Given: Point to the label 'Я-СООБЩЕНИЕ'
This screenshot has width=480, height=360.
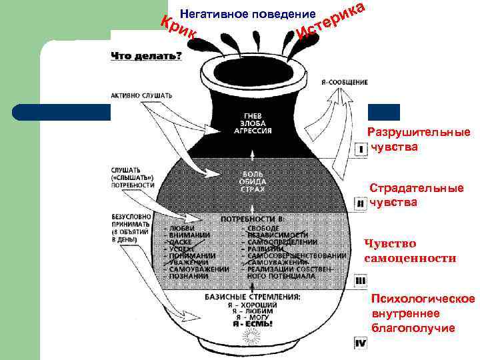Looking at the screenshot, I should click(x=344, y=82).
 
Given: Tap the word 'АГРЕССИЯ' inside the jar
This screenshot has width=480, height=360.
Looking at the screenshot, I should click(x=252, y=131).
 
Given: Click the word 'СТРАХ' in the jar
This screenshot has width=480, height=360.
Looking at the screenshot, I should click(x=252, y=190).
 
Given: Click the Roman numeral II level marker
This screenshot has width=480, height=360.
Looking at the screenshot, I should click(x=360, y=203).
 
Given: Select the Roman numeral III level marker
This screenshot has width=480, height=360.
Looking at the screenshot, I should click(x=360, y=281).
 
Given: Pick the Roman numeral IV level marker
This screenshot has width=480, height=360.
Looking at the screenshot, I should click(x=360, y=343).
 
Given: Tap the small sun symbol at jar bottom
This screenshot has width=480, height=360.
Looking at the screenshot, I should click(x=253, y=338).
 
